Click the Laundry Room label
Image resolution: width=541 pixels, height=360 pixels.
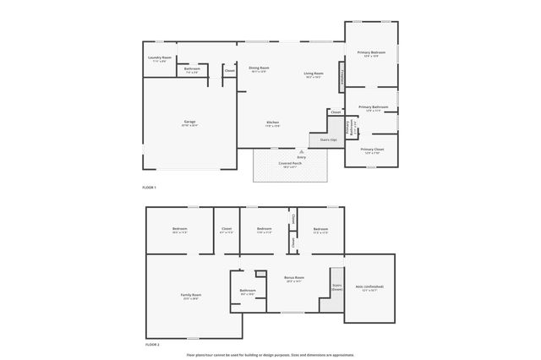pyautogui.click(x=161, y=59)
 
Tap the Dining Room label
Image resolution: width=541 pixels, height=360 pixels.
pyautogui.click(x=259, y=69)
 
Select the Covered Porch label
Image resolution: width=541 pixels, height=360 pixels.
pyautogui.click(x=290, y=165)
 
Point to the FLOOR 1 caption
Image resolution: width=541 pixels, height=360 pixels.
pyautogui.click(x=150, y=187)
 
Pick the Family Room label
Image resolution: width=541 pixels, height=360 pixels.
pyautogui.click(x=191, y=296)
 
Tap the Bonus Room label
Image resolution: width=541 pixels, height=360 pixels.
pyautogui.click(x=293, y=279)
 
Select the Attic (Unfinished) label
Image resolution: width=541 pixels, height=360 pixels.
pyautogui.click(x=370, y=287)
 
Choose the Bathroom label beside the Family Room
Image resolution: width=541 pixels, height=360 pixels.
pyautogui.click(x=248, y=292)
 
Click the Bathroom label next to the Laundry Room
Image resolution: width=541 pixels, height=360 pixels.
pyautogui.click(x=192, y=70)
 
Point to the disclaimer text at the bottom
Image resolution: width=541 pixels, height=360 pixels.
pyautogui.click(x=270, y=355)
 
